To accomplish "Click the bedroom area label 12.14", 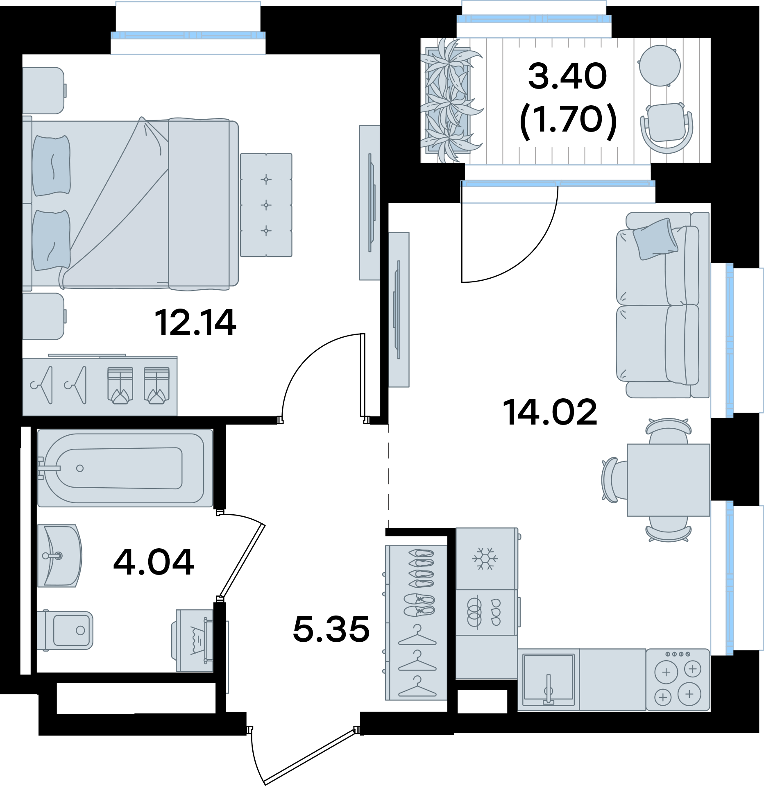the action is point(195,323).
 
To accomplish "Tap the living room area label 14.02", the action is point(550,412).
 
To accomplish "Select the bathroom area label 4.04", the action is point(154,562).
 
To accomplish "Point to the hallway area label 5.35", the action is point(331,629).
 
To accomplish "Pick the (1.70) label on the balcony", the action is point(568,120).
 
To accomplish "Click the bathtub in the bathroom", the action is point(125,468).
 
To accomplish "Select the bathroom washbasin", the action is point(59,556).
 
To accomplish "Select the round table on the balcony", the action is point(659,66).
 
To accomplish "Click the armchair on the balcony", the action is point(667,127).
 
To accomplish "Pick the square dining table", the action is point(669,480).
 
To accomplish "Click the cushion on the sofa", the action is point(655,239).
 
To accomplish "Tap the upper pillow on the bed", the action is point(51,166).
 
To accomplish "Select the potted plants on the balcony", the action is point(451,100).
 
